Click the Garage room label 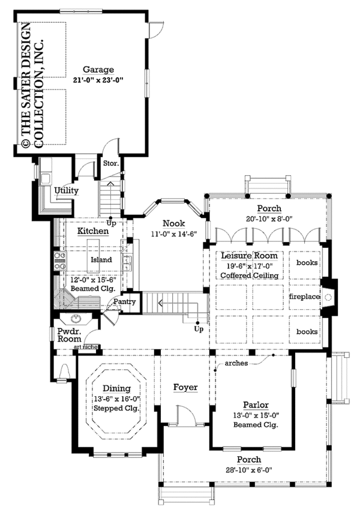pos(98,70)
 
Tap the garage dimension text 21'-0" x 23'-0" pos(98,79)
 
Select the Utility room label pos(66,191)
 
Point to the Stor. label pos(111,163)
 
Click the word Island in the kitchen pos(101,260)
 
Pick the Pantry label pos(124,302)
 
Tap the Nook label pos(173,223)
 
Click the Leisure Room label pos(250,256)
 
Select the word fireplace pos(304,297)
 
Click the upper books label pos(307,262)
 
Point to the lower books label pos(307,331)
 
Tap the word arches pos(236,363)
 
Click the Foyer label pos(185,388)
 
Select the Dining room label pos(116,388)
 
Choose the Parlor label pos(256,405)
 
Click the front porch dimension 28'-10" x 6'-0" pos(249,470)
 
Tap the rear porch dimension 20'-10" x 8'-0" pos(269,218)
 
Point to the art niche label pos(85,347)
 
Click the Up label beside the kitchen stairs pos(112,224)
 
